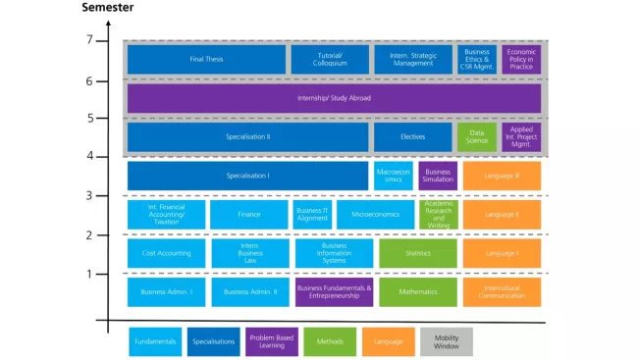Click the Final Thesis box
pyautogui.click(x=206, y=59)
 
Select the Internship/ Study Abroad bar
pyautogui.click(x=334, y=98)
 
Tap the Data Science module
pyautogui.click(x=477, y=136)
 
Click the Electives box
pyautogui.click(x=412, y=136)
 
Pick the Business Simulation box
pyautogui.click(x=438, y=176)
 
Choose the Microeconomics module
pyautogui.click(x=376, y=214)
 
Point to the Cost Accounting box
pyautogui.click(x=166, y=253)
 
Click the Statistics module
pyautogui.click(x=418, y=253)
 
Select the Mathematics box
pyautogui.click(x=418, y=291)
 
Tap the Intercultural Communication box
pyautogui.click(x=502, y=291)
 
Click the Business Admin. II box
pyautogui.click(x=249, y=291)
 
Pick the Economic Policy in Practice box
pyautogui.click(x=521, y=59)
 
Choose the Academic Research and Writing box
pyautogui.click(x=438, y=214)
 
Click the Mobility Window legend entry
pyautogui.click(x=447, y=341)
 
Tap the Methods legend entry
pyautogui.click(x=330, y=341)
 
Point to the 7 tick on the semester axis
pyautogui.click(x=89, y=40)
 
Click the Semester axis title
pyautogui.click(x=107, y=8)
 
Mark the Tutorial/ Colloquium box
pyautogui.click(x=330, y=59)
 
